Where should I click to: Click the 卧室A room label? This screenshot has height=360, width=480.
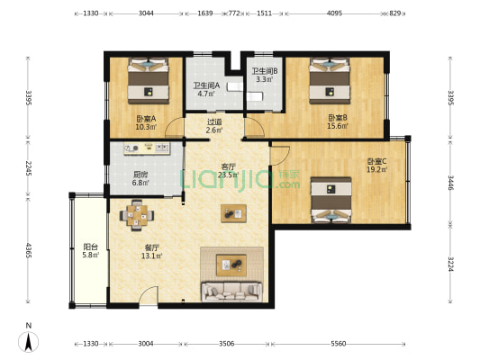coord(146,118)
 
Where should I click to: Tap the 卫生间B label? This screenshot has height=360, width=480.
coord(265,71)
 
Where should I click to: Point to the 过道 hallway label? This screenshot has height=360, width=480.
coord(214,121)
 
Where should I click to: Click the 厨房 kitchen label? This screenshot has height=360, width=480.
coord(140,175)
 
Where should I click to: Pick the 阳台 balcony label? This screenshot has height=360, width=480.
coord(91,247)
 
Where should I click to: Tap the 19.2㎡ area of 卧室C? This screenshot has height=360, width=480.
coord(377,169)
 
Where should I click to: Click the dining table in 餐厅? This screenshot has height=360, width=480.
coord(137,215)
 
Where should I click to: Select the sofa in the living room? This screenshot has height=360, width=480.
coord(231,292)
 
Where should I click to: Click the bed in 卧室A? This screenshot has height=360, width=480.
coord(149,81)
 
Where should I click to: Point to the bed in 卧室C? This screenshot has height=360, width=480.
coord(331,200)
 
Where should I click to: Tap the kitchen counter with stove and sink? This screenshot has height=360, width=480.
coord(147,148)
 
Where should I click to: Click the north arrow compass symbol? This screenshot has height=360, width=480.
coord(29,342)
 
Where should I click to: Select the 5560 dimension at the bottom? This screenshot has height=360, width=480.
coord(339,344)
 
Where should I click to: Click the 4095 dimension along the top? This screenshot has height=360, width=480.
coord(334,13)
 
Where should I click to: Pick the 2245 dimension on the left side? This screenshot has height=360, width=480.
coord(29,168)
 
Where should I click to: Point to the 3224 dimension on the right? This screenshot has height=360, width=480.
coord(450,264)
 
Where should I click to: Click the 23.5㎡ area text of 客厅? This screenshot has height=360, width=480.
coord(228,175)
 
